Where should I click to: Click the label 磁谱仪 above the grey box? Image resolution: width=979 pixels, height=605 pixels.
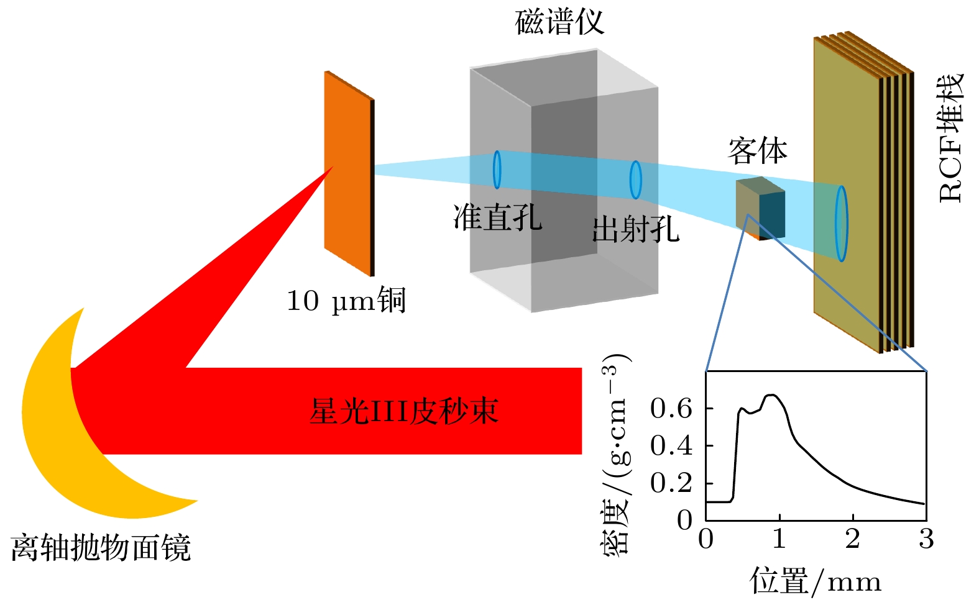tap(559, 22)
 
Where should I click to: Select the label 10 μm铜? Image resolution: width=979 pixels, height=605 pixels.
tap(346, 301)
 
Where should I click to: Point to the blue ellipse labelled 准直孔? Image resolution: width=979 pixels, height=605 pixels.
tap(497, 169)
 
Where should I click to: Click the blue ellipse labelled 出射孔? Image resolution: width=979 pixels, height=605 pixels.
tap(635, 180)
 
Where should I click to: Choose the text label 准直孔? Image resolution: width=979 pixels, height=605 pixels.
tap(497, 217)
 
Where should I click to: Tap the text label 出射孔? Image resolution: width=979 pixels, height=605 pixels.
tap(635, 229)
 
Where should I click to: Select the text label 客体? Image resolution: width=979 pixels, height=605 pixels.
tap(757, 151)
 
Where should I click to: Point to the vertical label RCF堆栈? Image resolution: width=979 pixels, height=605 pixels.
tap(950, 138)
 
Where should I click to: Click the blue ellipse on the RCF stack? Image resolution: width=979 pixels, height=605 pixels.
tap(841, 224)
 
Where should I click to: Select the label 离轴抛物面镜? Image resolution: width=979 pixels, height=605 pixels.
tap(101, 548)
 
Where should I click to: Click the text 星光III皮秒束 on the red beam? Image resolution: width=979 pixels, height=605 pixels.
tap(403, 411)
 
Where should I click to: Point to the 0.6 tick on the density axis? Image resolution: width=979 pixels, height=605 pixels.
tap(671, 408)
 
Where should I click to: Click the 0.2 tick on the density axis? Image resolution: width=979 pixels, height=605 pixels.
tap(671, 483)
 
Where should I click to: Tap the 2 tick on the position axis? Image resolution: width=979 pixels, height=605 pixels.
tap(853, 539)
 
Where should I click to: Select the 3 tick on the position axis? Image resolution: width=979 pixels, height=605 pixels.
tap(926, 539)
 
